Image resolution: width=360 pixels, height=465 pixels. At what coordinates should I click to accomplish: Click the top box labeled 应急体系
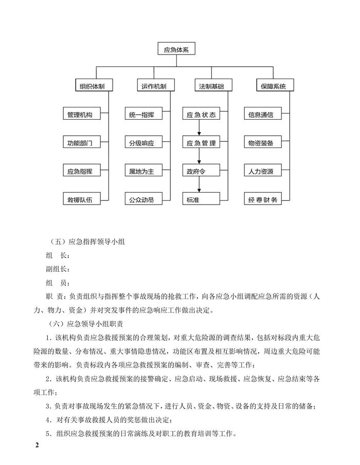coord(177,50)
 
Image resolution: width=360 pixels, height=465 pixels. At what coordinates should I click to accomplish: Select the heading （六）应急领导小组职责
coord(90,324)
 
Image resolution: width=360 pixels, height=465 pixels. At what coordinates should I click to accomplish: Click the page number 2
coord(37,444)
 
